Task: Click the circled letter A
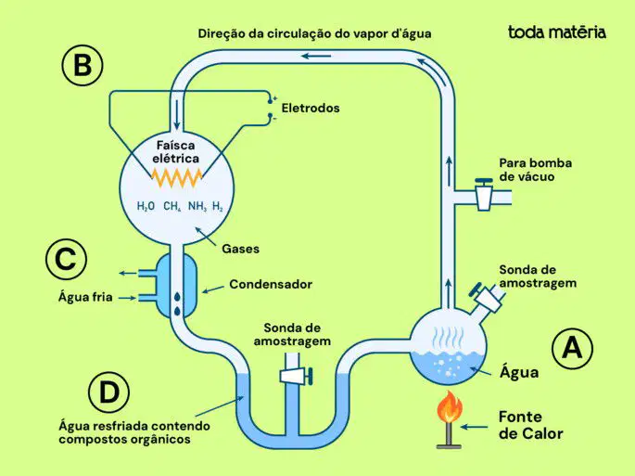click(572, 348)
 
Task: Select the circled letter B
click(83, 65)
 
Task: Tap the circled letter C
click(66, 259)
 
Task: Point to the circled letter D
click(109, 392)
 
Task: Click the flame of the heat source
click(449, 406)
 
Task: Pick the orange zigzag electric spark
click(176, 177)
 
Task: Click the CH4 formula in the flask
click(172, 206)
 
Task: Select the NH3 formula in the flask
click(197, 206)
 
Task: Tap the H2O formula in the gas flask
click(146, 206)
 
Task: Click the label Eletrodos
click(311, 108)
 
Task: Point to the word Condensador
click(271, 284)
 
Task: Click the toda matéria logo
click(557, 32)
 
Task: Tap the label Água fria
click(85, 297)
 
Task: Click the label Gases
click(240, 249)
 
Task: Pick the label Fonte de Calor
click(531, 425)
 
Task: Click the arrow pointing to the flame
click(475, 427)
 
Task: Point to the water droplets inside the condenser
click(177, 303)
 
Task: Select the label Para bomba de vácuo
click(536, 170)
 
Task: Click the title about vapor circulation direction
click(314, 33)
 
